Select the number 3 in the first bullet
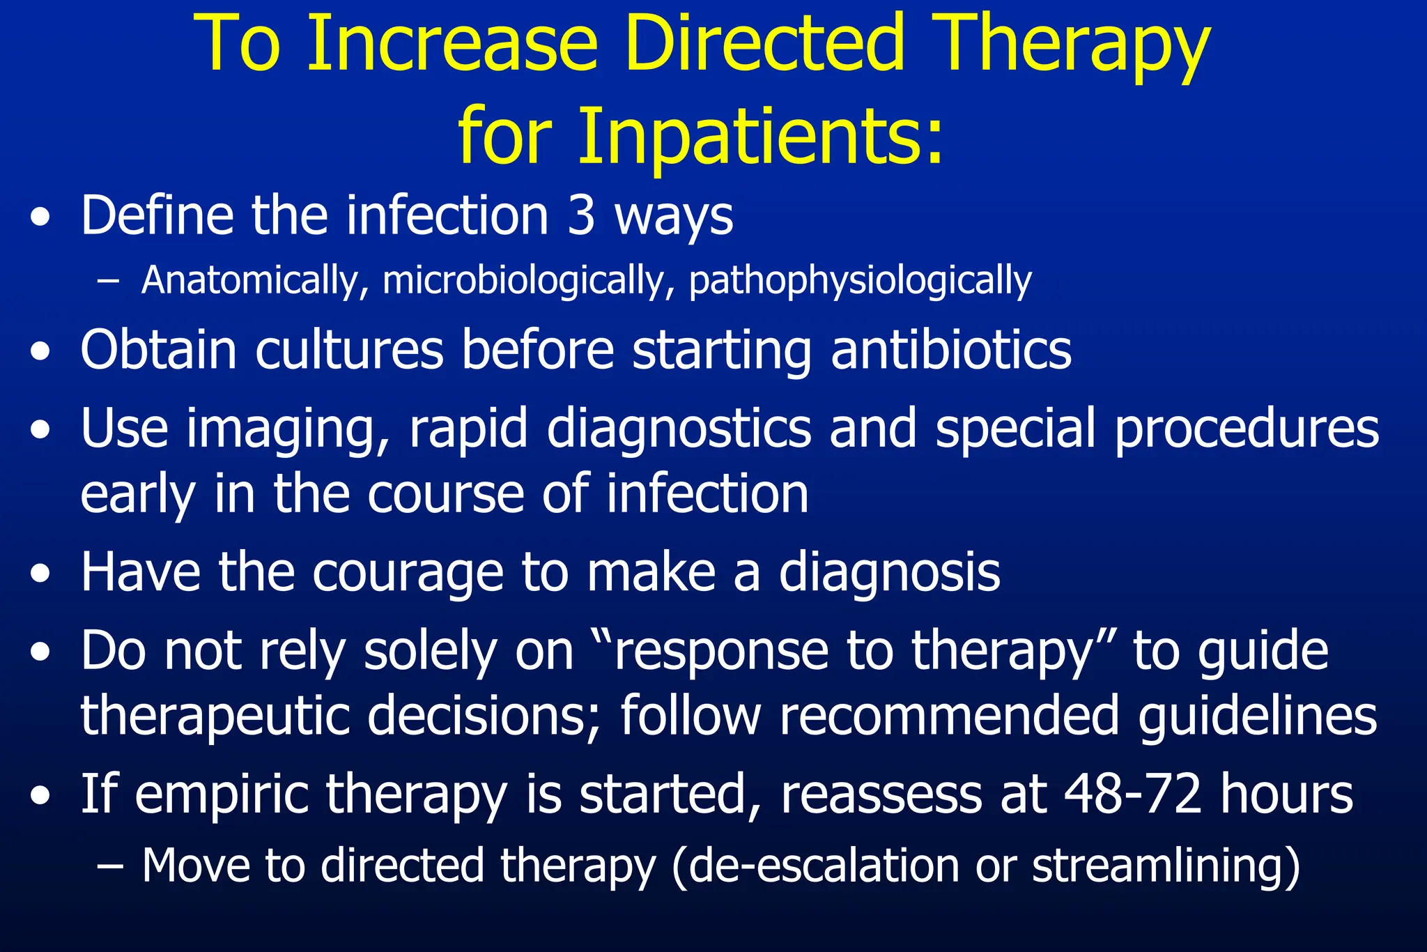pos(580,215)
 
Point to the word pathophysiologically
pos(860,282)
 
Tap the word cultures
pos(349,349)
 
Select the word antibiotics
pos(951,349)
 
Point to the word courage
pos(408,573)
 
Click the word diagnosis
pos(889,573)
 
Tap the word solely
pos(430,652)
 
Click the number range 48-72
pos(1132,794)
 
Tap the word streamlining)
pos(1166,867)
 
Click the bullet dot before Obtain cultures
pos(40,352)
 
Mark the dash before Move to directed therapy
pos(109,866)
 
